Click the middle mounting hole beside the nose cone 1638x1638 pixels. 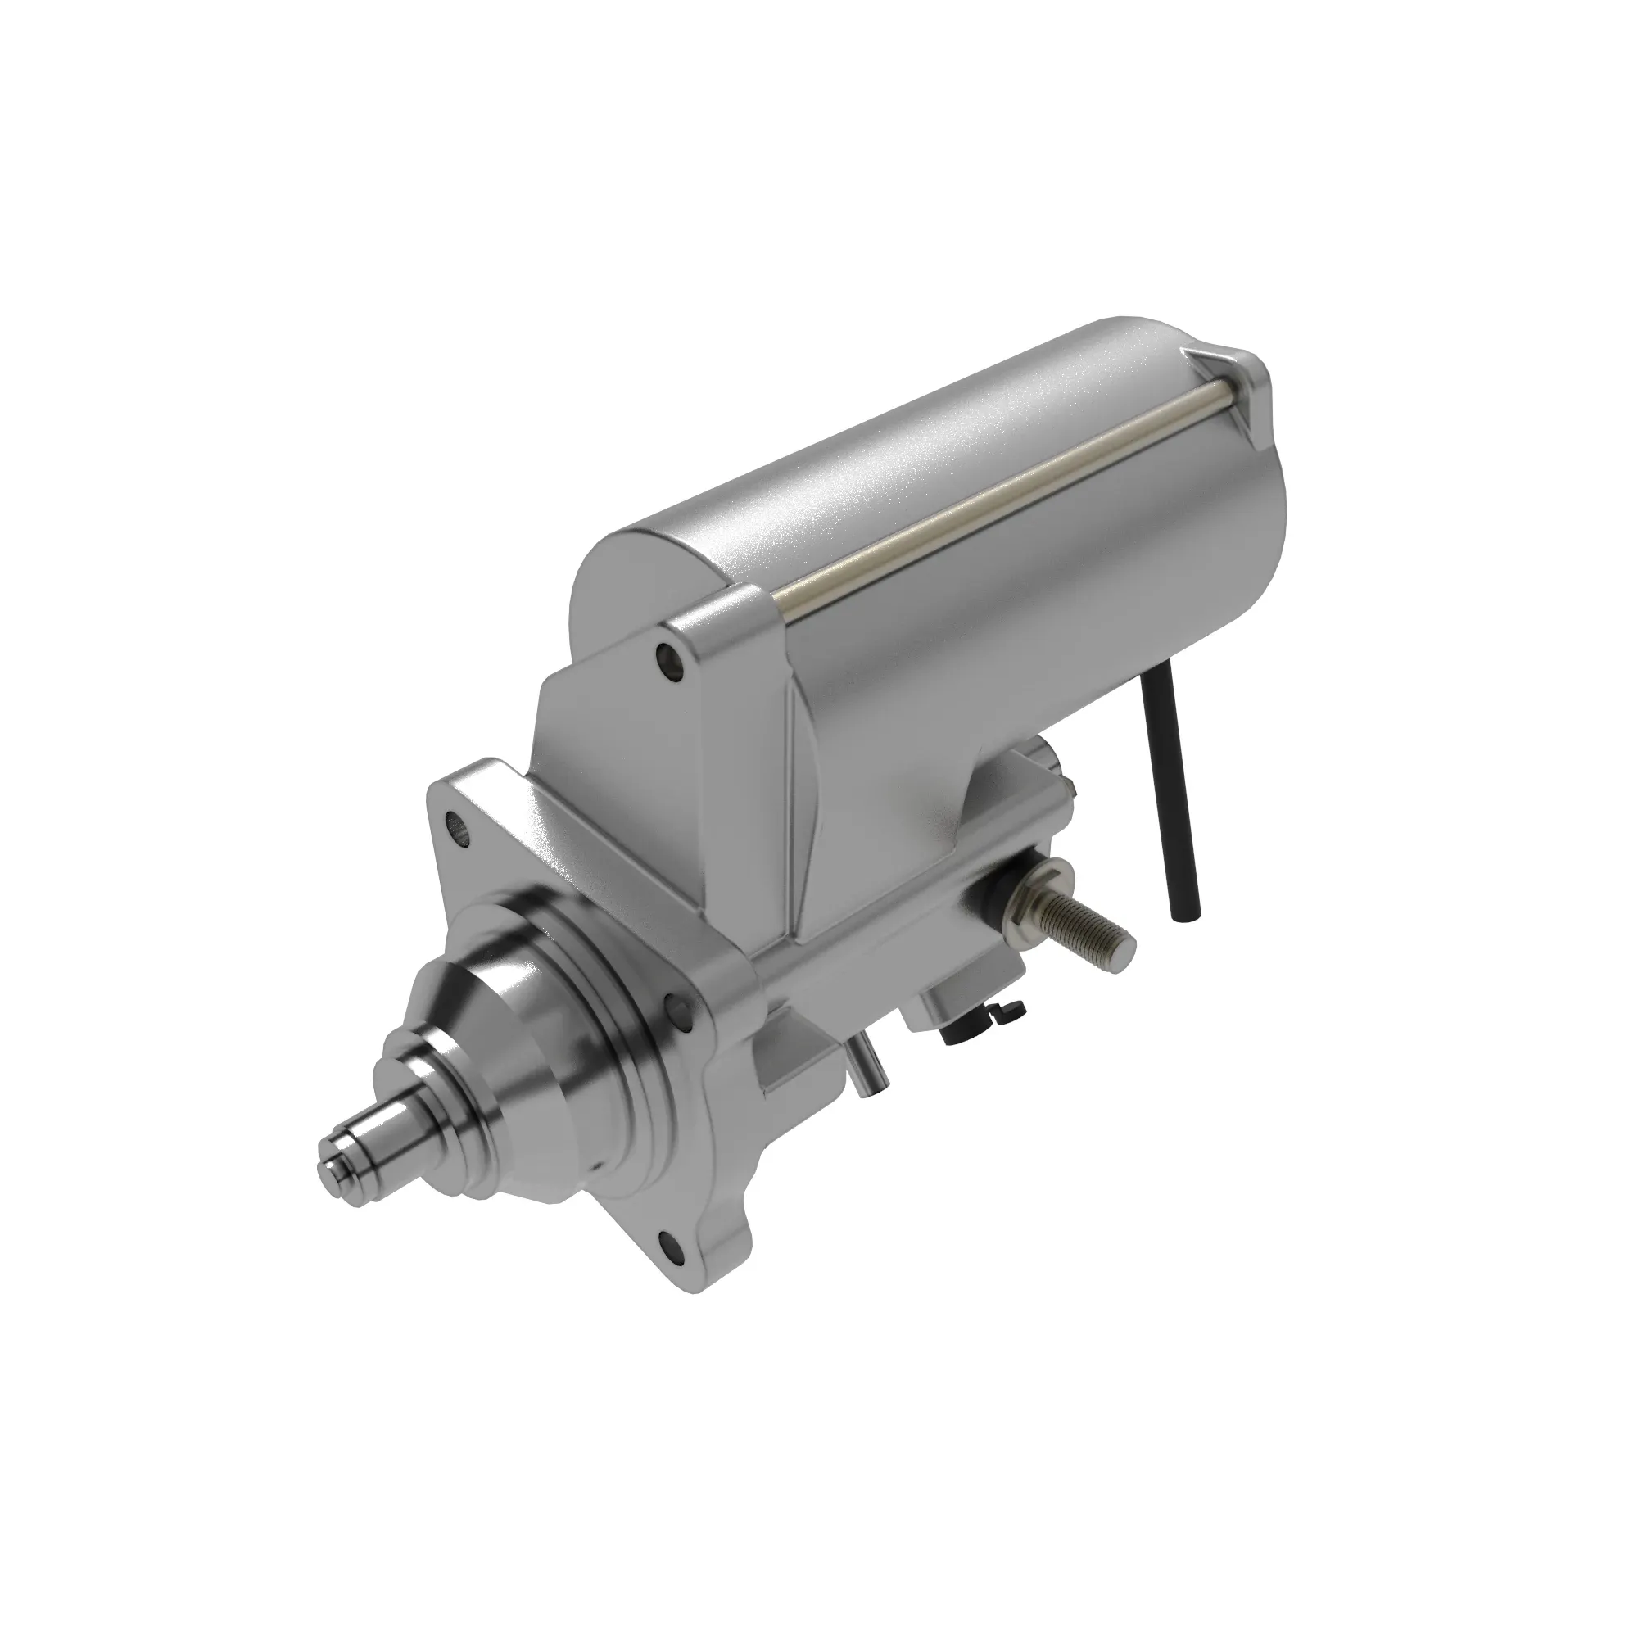676,1007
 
